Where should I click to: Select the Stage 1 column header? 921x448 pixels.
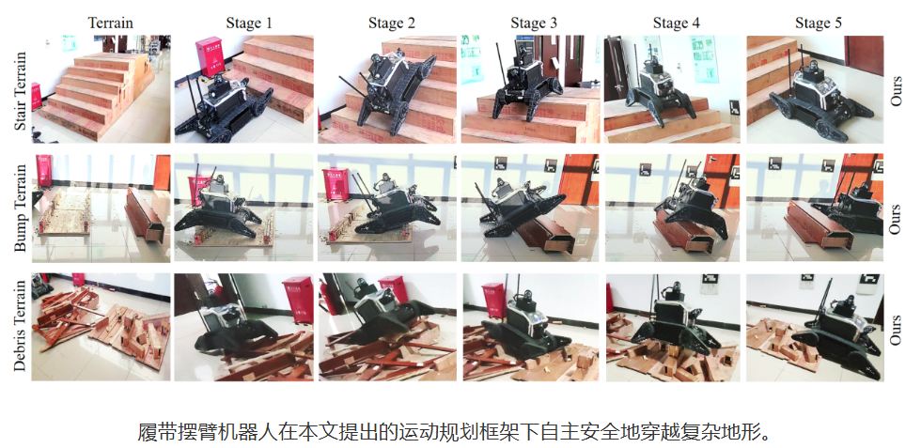point(244,23)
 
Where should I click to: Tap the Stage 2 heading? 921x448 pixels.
point(387,23)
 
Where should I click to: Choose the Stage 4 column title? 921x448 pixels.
point(673,23)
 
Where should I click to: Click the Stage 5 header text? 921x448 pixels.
point(816,23)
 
